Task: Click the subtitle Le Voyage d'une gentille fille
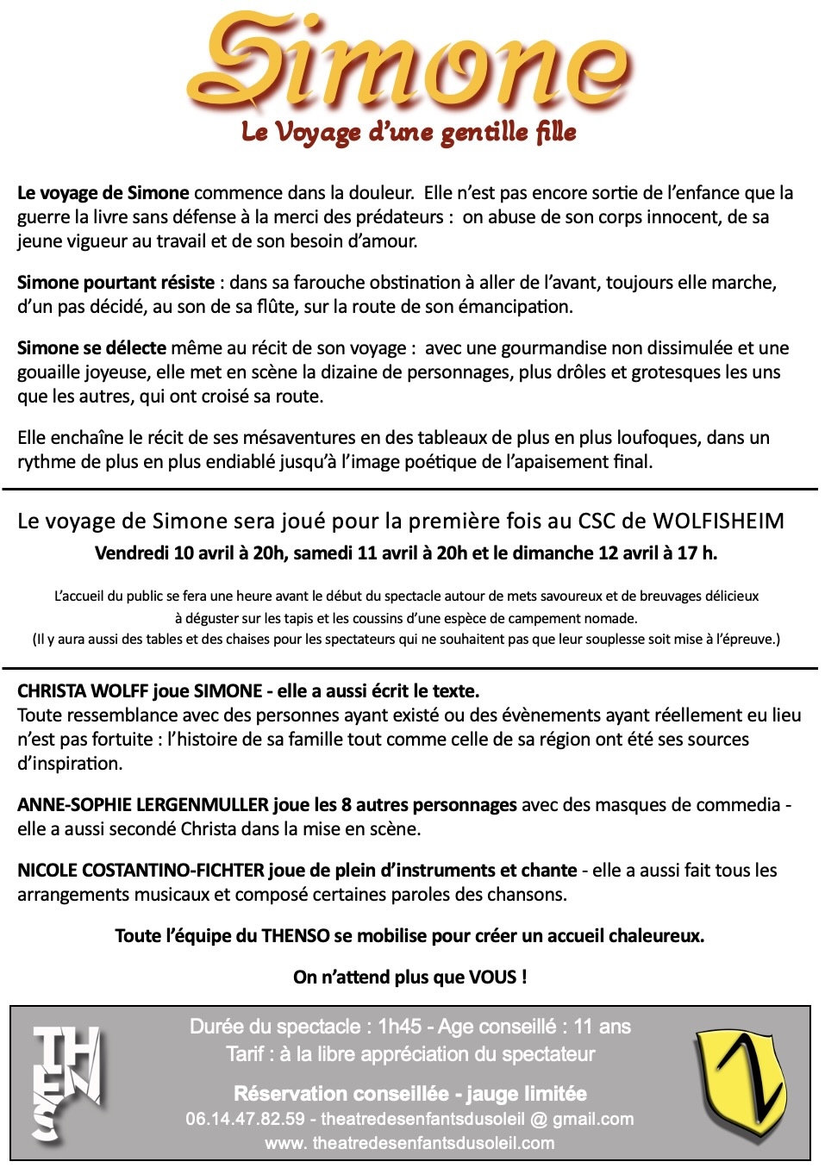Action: point(409,133)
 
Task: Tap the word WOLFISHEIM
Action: point(718,521)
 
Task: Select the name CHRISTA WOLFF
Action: point(83,691)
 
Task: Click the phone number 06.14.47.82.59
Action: point(245,1119)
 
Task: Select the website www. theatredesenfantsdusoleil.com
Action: point(409,1143)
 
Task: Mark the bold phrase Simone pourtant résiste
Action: point(116,283)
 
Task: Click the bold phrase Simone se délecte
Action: point(91,348)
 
